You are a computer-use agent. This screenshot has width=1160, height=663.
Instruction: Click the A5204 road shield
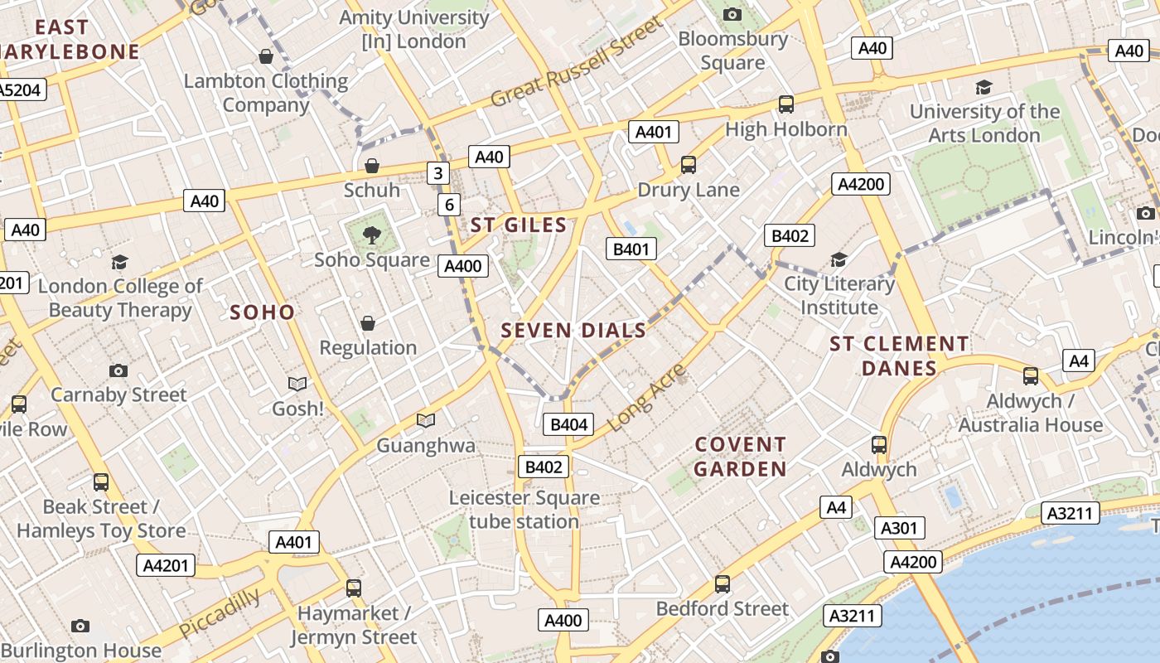tap(21, 90)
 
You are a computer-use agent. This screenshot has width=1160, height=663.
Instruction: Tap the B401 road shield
tap(631, 249)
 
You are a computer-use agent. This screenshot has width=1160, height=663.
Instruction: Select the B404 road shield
tap(569, 424)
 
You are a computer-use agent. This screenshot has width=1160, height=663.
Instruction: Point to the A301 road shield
tap(900, 528)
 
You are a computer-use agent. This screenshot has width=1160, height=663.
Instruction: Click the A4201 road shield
tap(166, 565)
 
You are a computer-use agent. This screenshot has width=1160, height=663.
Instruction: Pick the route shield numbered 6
tap(449, 205)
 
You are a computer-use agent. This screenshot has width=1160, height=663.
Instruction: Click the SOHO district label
tap(262, 312)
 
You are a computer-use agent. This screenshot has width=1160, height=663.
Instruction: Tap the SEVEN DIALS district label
tap(573, 331)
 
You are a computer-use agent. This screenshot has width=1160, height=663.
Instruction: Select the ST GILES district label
tap(519, 225)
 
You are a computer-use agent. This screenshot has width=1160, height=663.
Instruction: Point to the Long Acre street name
tap(647, 398)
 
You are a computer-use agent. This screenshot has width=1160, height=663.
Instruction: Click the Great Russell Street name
tap(577, 62)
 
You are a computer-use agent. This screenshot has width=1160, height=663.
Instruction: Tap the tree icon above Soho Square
tap(371, 235)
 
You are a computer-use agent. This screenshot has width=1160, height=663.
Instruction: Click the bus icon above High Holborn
tap(785, 105)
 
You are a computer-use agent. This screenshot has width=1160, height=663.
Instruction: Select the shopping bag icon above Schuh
tap(372, 166)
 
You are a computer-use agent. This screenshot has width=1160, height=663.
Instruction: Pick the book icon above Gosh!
tap(297, 384)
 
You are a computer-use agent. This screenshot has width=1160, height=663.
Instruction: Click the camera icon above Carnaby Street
tap(118, 370)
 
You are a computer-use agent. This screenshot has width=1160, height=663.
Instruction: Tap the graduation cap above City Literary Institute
tap(839, 260)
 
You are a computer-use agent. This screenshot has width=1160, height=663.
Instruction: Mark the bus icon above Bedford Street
tap(723, 584)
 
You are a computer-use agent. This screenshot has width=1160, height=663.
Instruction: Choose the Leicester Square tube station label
tap(524, 510)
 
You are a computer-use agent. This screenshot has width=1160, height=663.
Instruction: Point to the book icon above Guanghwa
tap(426, 421)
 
